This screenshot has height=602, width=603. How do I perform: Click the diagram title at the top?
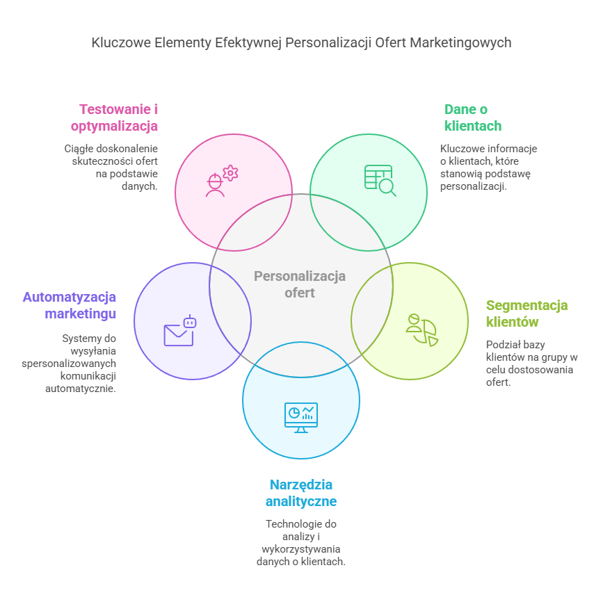tap(301, 42)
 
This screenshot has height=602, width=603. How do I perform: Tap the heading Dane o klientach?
tap(473, 117)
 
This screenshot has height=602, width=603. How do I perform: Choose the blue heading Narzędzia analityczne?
tap(301, 493)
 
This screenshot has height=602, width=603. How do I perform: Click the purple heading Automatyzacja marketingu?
tap(70, 305)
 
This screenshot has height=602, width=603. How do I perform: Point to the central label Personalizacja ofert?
tap(300, 284)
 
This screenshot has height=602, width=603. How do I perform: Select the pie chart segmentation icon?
tap(421, 330)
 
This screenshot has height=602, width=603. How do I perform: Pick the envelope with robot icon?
tap(180, 332)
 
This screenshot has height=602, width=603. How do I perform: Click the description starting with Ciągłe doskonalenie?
tap(111, 168)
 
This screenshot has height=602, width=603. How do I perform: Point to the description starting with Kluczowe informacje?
tap(488, 168)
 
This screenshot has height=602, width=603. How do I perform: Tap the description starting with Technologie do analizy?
tap(301, 542)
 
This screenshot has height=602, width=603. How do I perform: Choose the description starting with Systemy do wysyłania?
tap(73, 363)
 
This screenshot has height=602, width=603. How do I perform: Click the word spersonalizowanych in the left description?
tap(69, 364)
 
